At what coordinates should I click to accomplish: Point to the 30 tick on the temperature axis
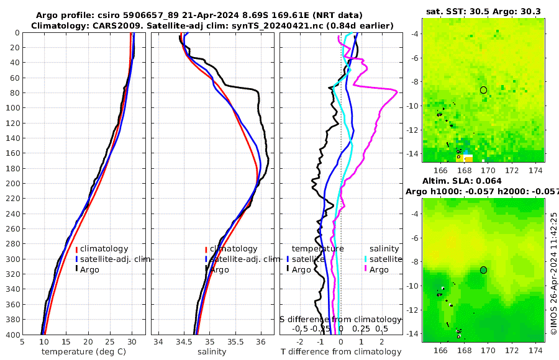tap(132, 341)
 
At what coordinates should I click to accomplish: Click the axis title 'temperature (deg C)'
tap(84, 351)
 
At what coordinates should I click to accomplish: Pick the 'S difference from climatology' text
tap(340, 318)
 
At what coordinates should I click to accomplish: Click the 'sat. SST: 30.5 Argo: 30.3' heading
tap(483, 11)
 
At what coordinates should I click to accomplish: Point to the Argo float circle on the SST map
tap(484, 90)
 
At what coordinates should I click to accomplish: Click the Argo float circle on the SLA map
tap(484, 270)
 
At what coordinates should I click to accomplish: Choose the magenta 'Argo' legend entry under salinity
tap(378, 269)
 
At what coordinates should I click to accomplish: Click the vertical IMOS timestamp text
tap(553, 273)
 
